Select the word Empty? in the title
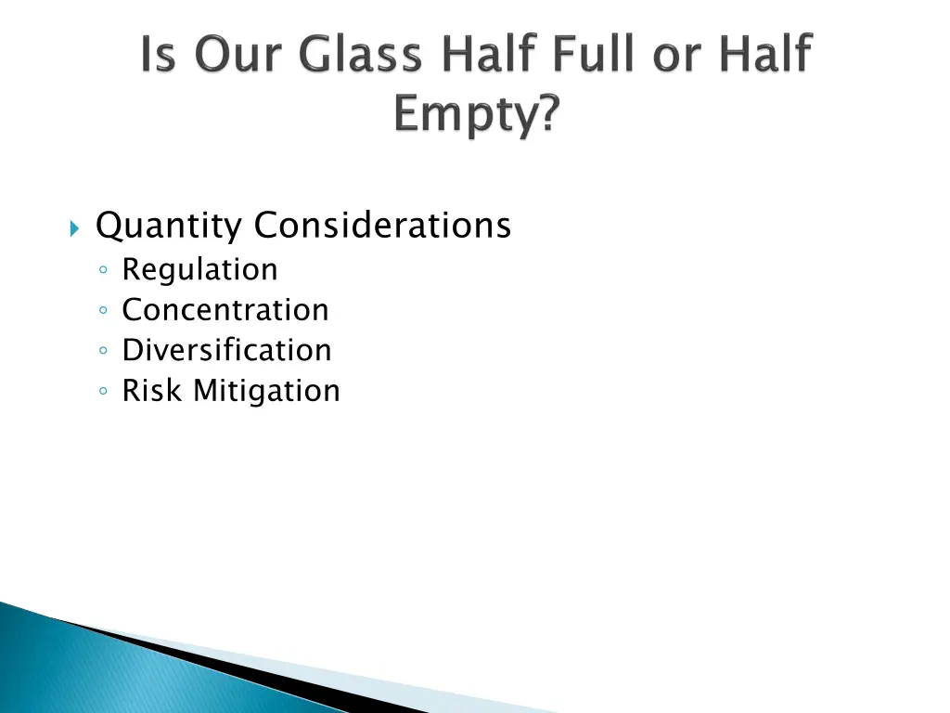(x=476, y=117)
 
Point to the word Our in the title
(x=225, y=56)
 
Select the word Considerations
(x=382, y=225)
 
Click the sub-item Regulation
(x=199, y=270)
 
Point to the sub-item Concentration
(x=225, y=309)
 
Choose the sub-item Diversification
(x=226, y=350)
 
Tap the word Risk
(x=153, y=391)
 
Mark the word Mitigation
(x=267, y=391)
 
